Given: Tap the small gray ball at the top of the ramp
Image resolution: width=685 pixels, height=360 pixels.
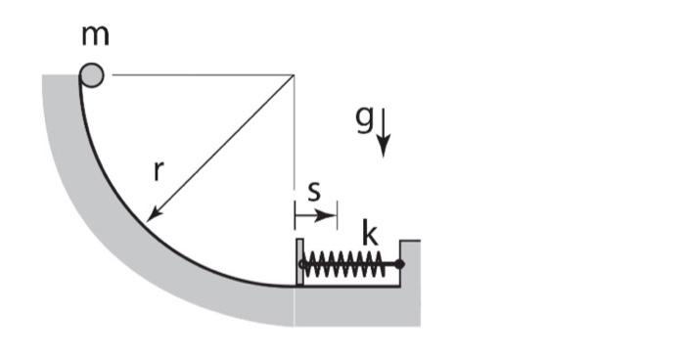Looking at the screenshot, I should point(92,74).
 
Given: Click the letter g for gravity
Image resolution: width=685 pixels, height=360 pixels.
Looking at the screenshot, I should point(363,117).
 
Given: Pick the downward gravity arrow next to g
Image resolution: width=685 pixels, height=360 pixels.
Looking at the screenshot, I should point(384,133).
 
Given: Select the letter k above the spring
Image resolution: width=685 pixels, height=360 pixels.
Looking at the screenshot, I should point(370,235).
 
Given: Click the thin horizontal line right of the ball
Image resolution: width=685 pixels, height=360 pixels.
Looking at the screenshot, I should point(196,75).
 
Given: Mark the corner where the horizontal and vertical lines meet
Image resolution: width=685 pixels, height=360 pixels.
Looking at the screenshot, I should point(295,75).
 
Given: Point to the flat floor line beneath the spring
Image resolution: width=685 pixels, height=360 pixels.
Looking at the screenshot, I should point(352,286).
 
